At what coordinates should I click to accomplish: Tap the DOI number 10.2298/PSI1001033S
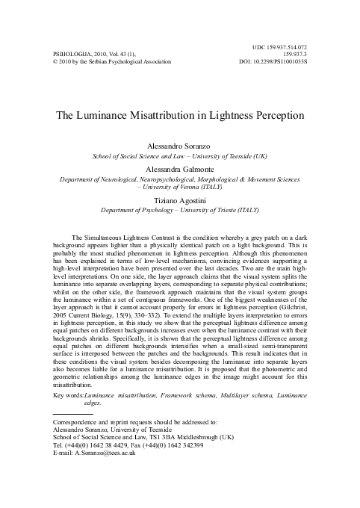[278, 62]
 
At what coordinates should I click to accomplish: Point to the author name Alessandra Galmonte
[180, 170]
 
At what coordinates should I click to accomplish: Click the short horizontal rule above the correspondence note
[72, 413]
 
